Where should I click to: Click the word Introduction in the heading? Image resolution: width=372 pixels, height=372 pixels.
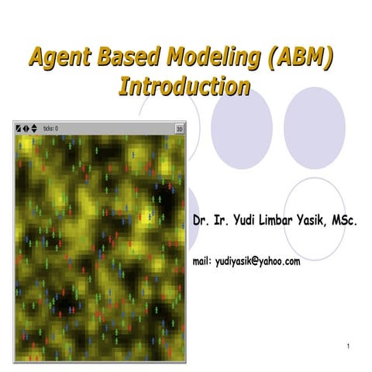pyautogui.click(x=184, y=85)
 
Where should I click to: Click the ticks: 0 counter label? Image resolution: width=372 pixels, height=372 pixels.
pyautogui.click(x=51, y=129)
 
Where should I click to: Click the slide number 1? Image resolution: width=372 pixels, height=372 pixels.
pyautogui.click(x=350, y=345)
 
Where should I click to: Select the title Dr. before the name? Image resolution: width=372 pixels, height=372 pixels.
pyautogui.click(x=200, y=222)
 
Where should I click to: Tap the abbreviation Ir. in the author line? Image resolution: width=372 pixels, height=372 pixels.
pyautogui.click(x=220, y=222)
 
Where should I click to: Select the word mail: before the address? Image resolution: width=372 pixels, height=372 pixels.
pyautogui.click(x=202, y=262)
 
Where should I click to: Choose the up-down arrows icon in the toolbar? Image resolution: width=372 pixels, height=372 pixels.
pyautogui.click(x=33, y=129)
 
